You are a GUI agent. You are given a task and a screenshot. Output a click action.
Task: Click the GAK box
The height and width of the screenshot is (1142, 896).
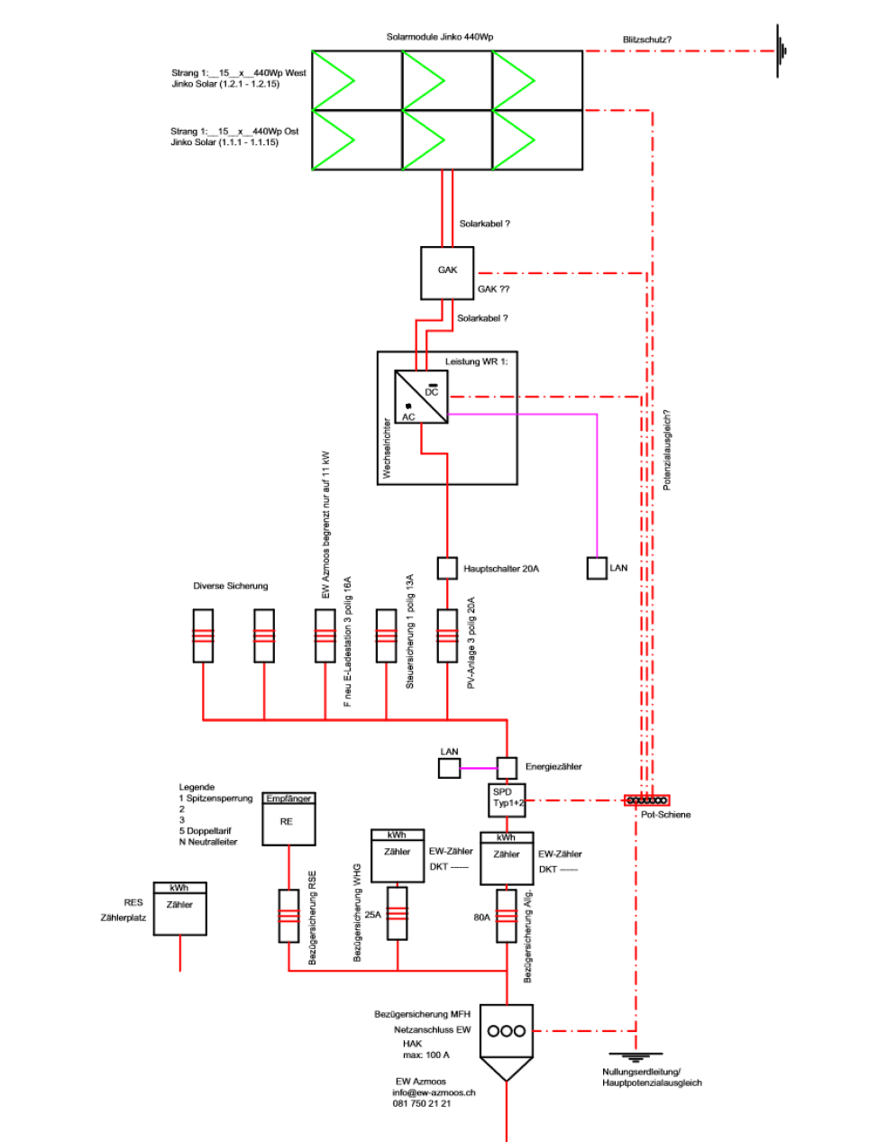coord(447,272)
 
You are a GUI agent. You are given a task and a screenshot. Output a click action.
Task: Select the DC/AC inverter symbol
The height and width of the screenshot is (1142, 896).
coord(421,397)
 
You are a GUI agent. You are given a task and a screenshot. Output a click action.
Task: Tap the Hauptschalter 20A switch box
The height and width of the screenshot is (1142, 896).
coord(447,568)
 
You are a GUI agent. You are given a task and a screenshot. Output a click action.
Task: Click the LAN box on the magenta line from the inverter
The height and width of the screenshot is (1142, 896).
coord(597,568)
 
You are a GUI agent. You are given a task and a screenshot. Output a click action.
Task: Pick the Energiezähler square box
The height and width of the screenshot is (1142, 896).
coord(507,767)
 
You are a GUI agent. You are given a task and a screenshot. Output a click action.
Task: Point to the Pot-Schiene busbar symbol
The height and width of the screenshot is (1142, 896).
coord(646,800)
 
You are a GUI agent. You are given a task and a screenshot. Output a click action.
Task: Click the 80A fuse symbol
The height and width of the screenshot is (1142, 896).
coord(507,916)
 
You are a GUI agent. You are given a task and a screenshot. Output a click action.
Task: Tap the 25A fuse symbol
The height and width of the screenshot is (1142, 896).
coord(397,913)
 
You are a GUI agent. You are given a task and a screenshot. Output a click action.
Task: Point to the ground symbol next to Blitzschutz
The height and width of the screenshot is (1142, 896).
coord(781,50)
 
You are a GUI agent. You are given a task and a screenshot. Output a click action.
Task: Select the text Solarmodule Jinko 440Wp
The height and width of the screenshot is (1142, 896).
coord(439,37)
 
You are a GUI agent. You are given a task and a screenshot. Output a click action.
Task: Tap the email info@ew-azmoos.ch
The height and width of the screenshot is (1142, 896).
coord(434,1092)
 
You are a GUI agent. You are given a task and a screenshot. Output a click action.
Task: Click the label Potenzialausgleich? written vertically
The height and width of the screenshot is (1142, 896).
coord(667,451)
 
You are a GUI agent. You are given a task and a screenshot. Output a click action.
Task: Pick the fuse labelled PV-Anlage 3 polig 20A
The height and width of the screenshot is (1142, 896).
coord(447,635)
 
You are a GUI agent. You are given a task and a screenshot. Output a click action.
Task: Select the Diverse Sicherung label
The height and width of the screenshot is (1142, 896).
coord(230,586)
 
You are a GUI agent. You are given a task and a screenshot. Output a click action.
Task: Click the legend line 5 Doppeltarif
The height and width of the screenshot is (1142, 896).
coord(205,831)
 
